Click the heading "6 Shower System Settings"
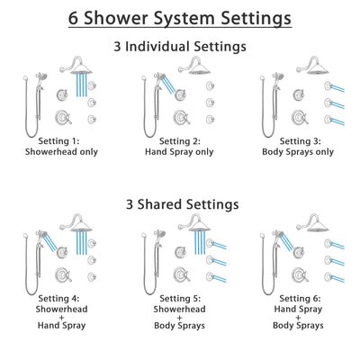pos(180,17)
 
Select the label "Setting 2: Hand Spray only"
pos(180,147)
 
